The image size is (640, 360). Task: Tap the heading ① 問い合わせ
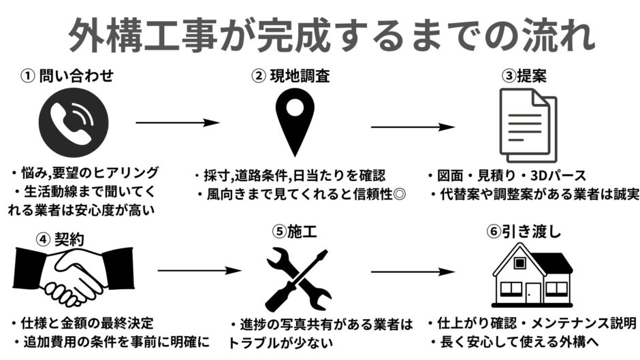(x=67, y=75)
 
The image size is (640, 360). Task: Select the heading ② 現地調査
(x=291, y=75)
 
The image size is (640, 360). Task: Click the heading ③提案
(x=524, y=75)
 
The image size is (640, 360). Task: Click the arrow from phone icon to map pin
(x=178, y=123)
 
